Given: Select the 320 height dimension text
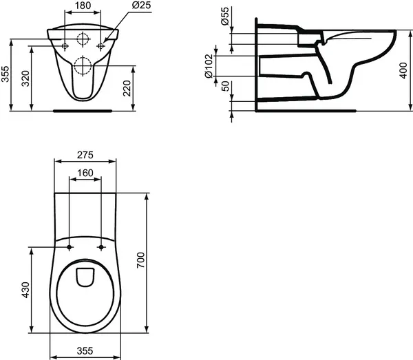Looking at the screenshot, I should (25, 78).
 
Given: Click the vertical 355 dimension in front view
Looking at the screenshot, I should (6, 74).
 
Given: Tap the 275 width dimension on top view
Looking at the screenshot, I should (85, 155).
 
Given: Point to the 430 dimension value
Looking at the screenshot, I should (25, 289).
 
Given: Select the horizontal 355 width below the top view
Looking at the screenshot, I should (85, 351).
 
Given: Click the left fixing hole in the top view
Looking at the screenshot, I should (70, 247).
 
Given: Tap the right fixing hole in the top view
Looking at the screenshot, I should (101, 247).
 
